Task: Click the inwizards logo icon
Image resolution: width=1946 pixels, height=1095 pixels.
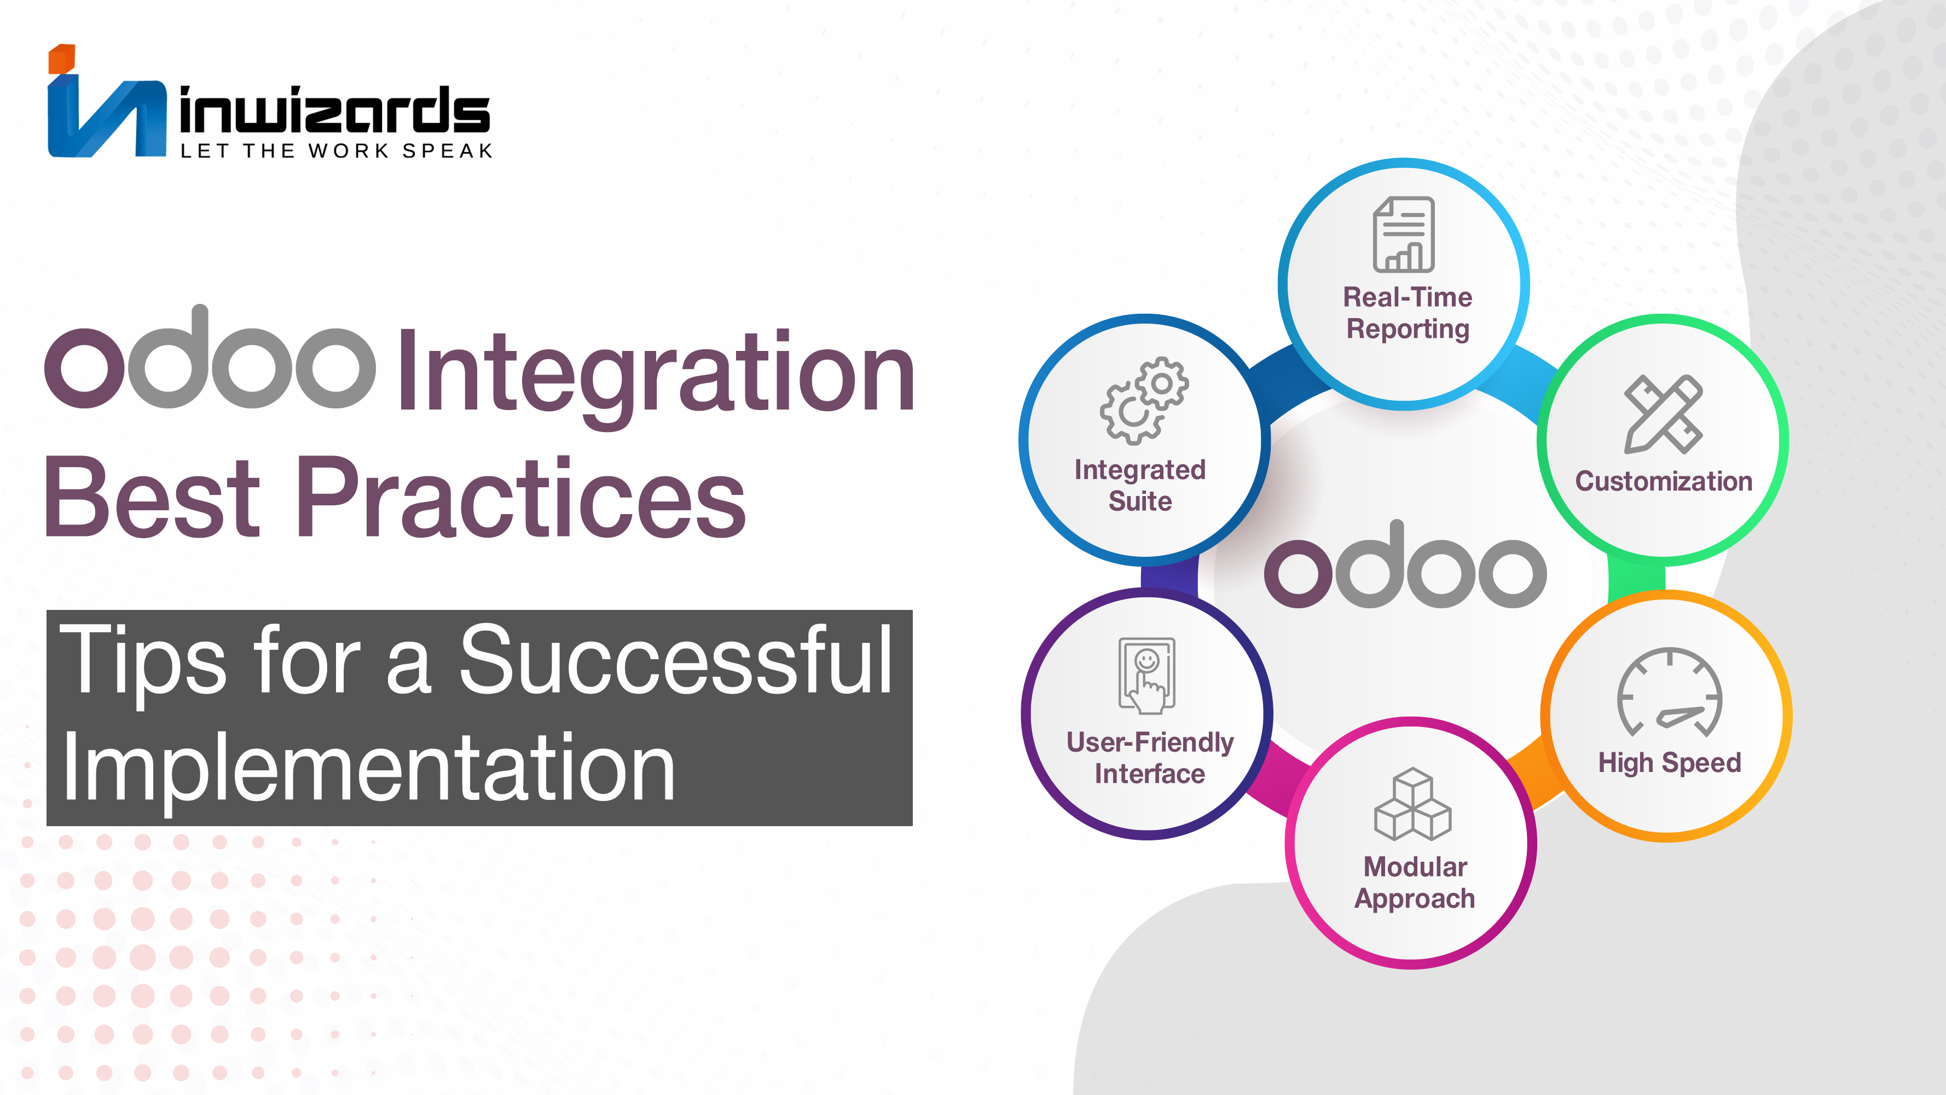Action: click(x=107, y=101)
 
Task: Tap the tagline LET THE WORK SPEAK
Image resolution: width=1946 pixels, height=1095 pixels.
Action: click(x=336, y=151)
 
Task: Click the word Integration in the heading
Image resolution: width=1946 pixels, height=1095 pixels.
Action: click(x=656, y=372)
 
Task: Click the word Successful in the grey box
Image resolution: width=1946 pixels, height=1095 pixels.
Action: click(x=676, y=659)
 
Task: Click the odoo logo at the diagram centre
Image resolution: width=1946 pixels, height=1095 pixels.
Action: click(x=1405, y=564)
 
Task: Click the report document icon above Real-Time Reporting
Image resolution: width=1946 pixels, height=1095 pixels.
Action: click(x=1404, y=234)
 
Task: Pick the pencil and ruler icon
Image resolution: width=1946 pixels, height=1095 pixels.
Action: click(x=1664, y=414)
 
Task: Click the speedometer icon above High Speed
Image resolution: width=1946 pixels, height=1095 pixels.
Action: click(x=1670, y=691)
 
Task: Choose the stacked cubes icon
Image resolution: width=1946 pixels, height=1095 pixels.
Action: click(x=1412, y=804)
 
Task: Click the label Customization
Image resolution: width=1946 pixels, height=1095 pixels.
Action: click(x=1664, y=481)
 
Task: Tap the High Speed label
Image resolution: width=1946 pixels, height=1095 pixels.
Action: click(x=1670, y=763)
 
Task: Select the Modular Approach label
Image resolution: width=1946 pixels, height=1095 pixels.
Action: click(x=1414, y=883)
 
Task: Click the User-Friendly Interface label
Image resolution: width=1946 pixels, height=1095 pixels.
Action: click(x=1150, y=758)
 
